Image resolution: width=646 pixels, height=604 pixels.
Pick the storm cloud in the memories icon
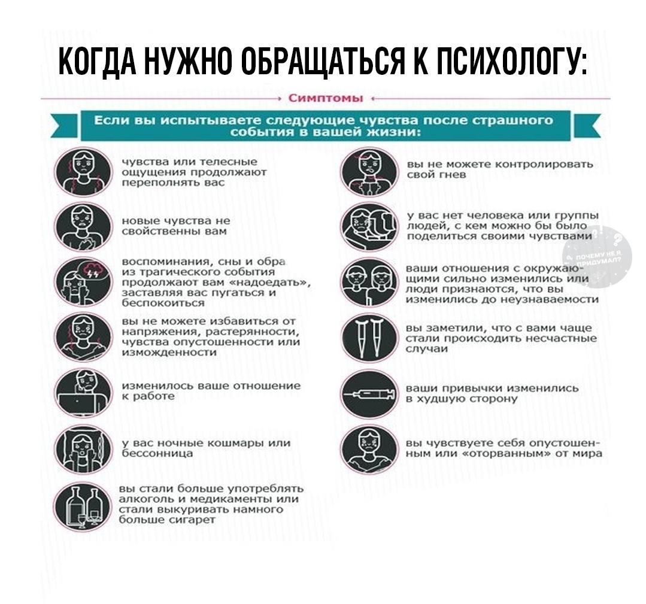point(94,270)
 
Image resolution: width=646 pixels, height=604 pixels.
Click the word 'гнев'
point(444,175)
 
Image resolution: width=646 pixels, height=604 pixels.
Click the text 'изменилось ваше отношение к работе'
point(210,391)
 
